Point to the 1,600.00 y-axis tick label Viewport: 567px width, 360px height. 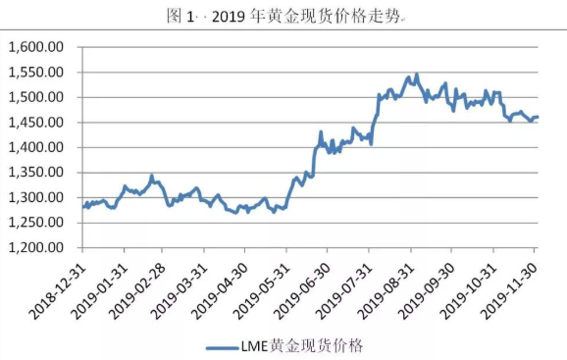(x=37, y=47)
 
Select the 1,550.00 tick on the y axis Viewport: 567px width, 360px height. (x=37, y=73)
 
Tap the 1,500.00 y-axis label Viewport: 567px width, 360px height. (x=37, y=98)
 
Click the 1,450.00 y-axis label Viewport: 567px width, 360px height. (x=37, y=123)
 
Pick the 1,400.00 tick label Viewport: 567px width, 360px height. (x=37, y=148)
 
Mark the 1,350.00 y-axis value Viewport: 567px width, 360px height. (x=37, y=173)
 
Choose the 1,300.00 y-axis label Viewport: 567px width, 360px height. (x=37, y=198)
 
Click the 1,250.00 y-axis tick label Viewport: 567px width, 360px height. (x=37, y=223)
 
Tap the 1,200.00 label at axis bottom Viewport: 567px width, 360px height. (x=37, y=248)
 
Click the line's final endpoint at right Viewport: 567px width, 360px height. (x=538, y=117)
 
